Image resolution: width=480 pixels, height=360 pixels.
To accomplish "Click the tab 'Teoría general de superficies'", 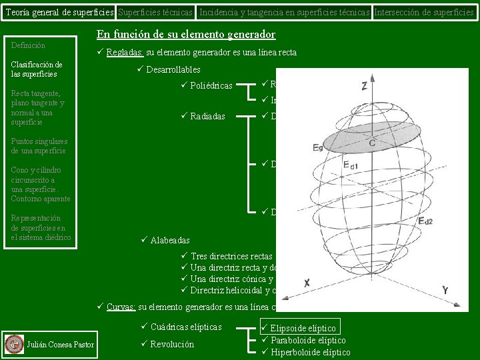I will click(x=59, y=12).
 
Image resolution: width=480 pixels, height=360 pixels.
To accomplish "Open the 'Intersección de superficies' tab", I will click(x=425, y=12).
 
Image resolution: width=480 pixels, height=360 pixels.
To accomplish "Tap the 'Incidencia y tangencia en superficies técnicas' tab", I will click(x=285, y=12).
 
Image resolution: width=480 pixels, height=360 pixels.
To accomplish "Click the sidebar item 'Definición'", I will click(x=29, y=45).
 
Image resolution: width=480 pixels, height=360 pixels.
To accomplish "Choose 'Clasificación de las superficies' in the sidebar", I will click(x=37, y=69).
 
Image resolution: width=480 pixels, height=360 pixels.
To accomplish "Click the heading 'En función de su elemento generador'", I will click(x=186, y=35).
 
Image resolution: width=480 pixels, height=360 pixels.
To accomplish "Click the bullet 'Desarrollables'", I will click(x=172, y=69).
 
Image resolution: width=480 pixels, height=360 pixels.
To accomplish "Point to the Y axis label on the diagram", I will click(x=445, y=290).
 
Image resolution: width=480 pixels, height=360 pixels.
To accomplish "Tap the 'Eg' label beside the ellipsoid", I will click(x=318, y=147).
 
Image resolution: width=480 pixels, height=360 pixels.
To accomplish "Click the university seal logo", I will click(x=13, y=344).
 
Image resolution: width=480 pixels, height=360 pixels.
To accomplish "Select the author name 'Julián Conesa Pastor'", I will click(x=60, y=344).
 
